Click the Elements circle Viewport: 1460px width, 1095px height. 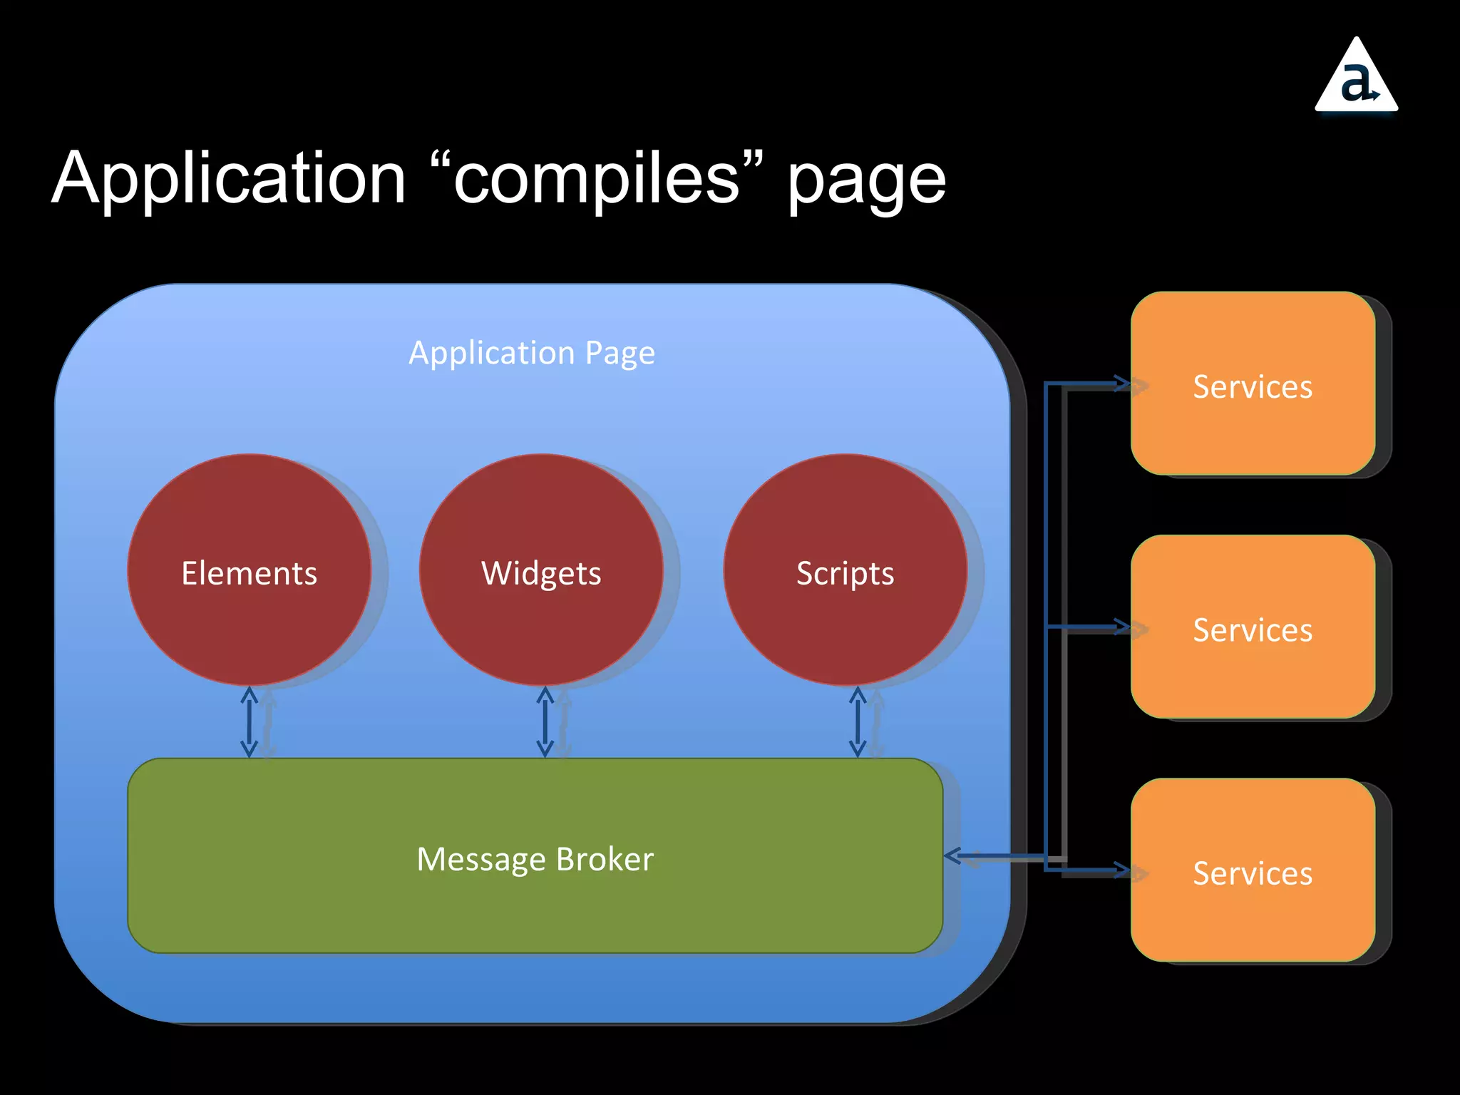click(249, 570)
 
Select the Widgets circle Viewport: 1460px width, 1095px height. click(541, 570)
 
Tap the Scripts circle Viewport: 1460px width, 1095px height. click(845, 570)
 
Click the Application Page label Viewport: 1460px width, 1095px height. click(532, 353)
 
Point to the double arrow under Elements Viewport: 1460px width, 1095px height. click(249, 721)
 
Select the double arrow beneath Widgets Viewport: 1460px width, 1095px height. click(545, 721)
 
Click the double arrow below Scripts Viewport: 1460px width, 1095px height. click(858, 721)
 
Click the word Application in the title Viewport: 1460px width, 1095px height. click(228, 178)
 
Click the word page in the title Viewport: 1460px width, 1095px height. click(866, 182)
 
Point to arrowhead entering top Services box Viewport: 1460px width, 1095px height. click(1124, 384)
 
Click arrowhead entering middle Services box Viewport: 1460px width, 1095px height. click(1124, 627)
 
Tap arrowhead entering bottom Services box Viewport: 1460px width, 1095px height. click(1124, 870)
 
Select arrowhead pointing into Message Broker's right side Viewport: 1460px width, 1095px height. click(952, 855)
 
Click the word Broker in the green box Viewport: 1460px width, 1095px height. click(605, 859)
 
